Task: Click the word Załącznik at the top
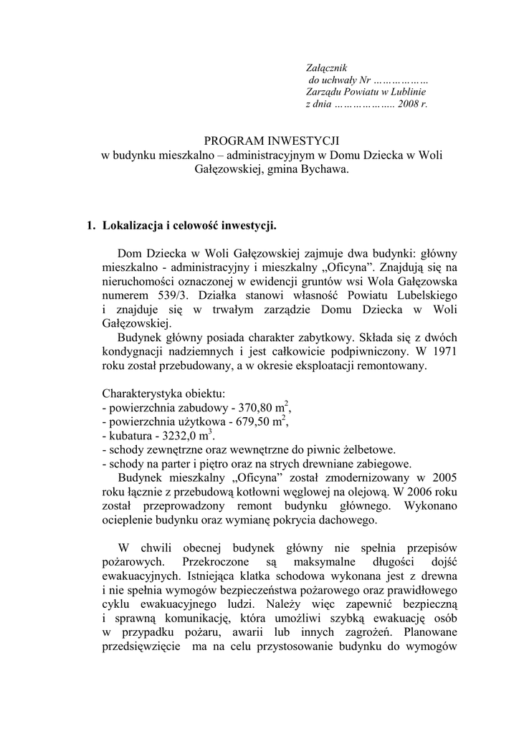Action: pyautogui.click(x=326, y=67)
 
